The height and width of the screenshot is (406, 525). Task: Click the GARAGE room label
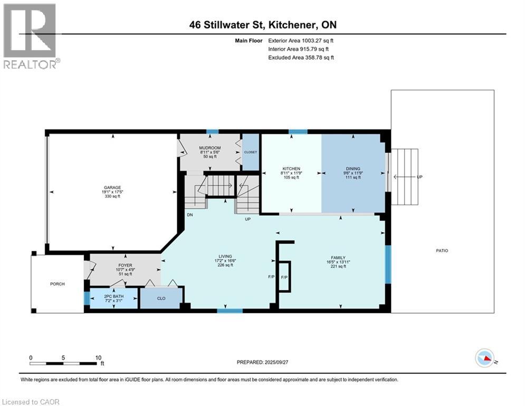(x=112, y=187)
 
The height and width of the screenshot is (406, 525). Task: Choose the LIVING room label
(x=224, y=257)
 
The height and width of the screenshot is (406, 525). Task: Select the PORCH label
(x=58, y=284)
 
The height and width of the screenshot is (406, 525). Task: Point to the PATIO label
(x=442, y=251)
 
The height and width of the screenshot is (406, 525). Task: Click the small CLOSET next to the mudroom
(x=251, y=152)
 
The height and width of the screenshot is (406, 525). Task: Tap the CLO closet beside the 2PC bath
(x=161, y=298)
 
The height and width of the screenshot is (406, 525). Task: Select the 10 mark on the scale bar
(x=98, y=357)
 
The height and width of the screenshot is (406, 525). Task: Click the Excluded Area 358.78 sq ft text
(x=301, y=58)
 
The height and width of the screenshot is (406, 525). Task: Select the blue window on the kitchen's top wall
(x=299, y=131)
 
